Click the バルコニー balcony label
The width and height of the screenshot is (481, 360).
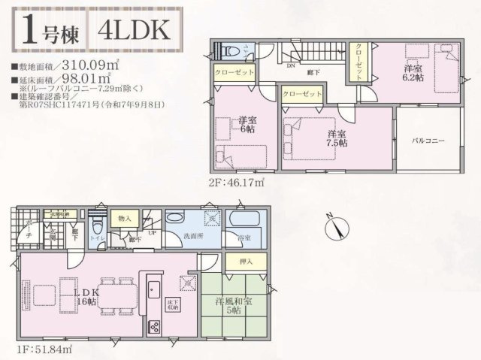(429, 141)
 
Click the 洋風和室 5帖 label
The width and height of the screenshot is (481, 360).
(238, 307)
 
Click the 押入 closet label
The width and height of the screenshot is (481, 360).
(245, 262)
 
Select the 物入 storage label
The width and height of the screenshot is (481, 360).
(125, 219)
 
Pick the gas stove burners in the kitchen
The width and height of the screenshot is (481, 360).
(153, 327)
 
